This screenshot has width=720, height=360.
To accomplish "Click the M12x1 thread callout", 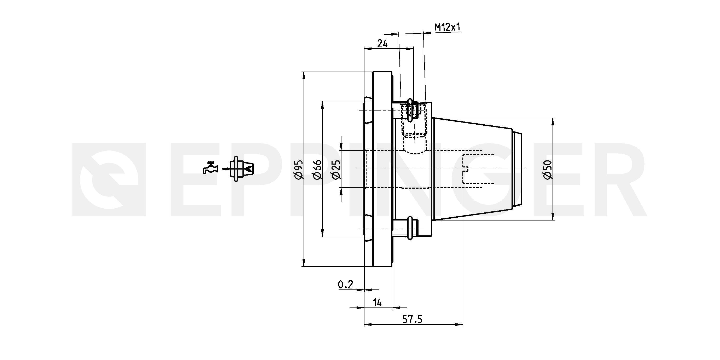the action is click(x=448, y=27).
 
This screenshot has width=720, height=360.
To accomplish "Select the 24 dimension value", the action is click(x=382, y=44).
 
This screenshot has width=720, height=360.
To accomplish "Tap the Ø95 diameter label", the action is click(x=298, y=169).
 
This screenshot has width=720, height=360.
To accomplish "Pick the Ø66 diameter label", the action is click(x=317, y=169).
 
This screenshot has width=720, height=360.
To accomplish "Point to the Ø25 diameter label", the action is click(x=336, y=169).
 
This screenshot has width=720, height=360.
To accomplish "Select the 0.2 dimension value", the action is click(x=345, y=284).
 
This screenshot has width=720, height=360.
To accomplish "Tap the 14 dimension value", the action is click(x=377, y=303).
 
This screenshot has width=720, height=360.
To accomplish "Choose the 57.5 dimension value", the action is click(x=412, y=319).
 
